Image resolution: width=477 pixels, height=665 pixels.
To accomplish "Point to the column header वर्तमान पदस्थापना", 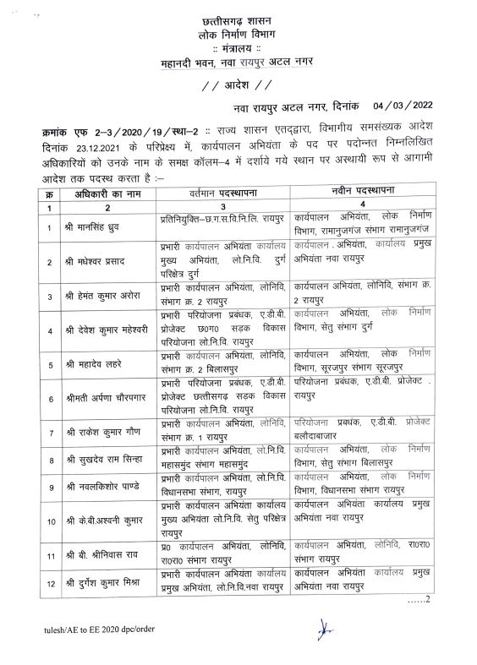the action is tap(222, 194).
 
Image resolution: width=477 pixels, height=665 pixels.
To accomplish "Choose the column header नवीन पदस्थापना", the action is tap(361, 194).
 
